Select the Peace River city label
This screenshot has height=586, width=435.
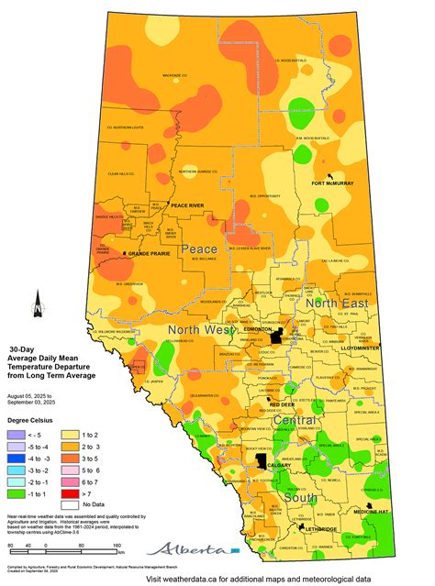point(192,205)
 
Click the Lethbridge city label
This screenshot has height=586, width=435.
point(325,529)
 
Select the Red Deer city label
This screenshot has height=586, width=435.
point(281,404)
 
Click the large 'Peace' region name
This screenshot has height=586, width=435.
point(199,249)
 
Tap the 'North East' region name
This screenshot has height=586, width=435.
point(336,304)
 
